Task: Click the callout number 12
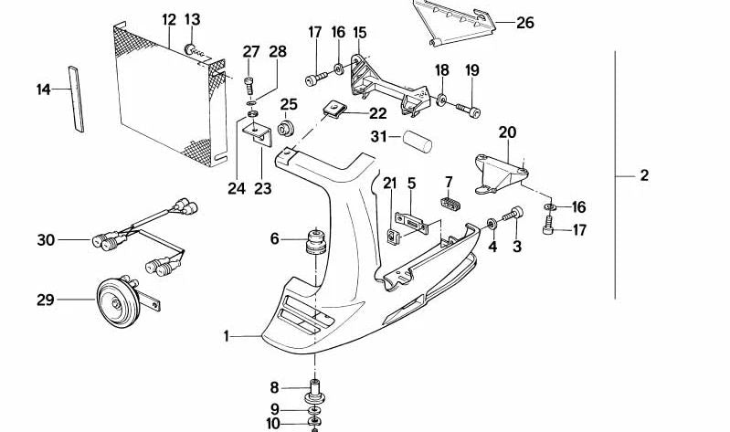point(169,19)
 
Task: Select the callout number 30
point(46,240)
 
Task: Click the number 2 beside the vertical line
point(644,175)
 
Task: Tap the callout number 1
point(227,337)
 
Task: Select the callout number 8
point(274,387)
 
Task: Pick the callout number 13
point(193,19)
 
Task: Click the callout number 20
point(507,132)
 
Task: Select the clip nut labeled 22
point(335,112)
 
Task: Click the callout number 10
point(274,423)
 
